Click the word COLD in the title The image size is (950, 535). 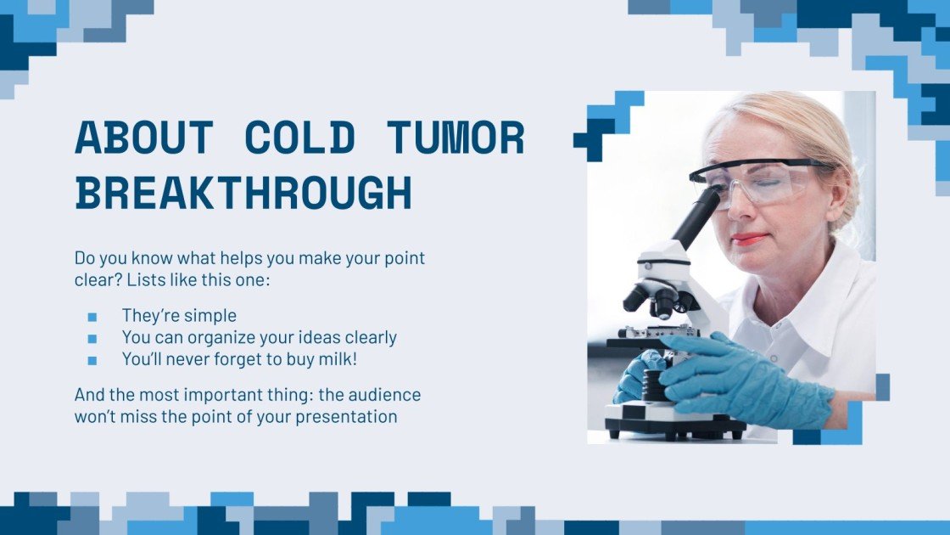[x=298, y=138]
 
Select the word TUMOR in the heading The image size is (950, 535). [x=455, y=138]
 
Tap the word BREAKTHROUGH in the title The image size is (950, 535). [x=243, y=194]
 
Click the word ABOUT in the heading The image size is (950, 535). [x=143, y=138]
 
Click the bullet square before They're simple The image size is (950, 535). [x=92, y=317]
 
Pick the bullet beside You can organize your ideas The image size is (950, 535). [x=92, y=338]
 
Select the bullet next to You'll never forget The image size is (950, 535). [x=92, y=360]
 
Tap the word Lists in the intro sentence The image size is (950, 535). [x=172, y=279]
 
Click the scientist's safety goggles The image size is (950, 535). [x=755, y=180]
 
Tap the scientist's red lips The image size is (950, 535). [x=748, y=239]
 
